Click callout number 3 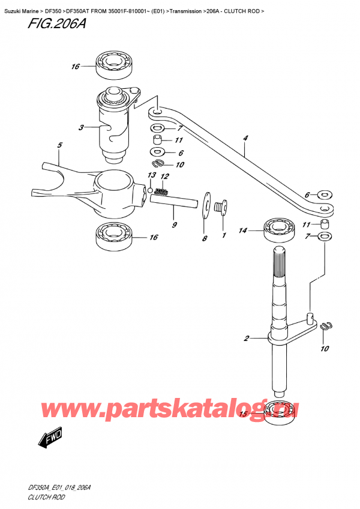tap(80, 127)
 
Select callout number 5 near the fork tap(59, 145)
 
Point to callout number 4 tap(245, 139)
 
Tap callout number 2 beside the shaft tap(246, 339)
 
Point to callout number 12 tap(164, 176)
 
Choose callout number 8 tap(203, 238)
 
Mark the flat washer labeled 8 tap(206, 204)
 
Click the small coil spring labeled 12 tap(160, 192)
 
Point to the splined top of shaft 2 tap(280, 265)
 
